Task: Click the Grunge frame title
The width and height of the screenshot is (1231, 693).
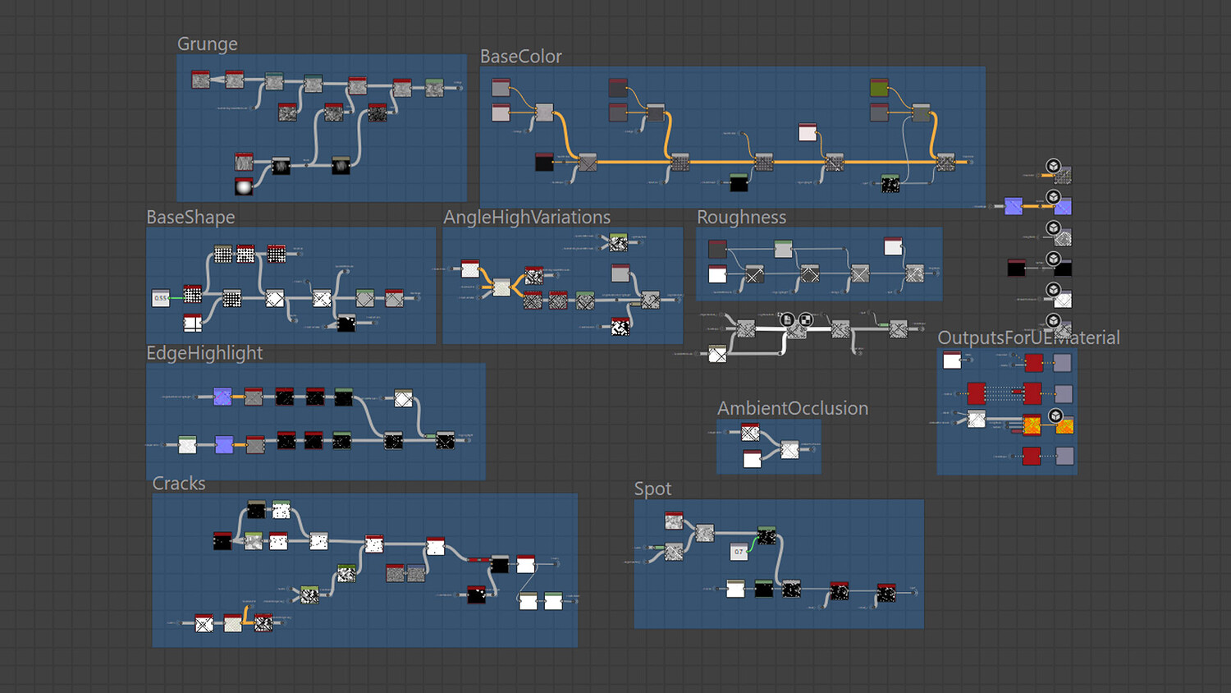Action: point(208,44)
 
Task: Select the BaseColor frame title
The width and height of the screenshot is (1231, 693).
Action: point(520,57)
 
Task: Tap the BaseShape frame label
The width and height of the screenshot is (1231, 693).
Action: point(190,217)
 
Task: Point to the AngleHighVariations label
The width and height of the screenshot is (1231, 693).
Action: point(527,217)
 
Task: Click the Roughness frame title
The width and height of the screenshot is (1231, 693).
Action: point(741,217)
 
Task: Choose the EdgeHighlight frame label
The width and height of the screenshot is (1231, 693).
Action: point(204,353)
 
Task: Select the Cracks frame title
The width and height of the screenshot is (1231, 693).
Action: point(179,484)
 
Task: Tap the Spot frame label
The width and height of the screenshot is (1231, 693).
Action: point(652,489)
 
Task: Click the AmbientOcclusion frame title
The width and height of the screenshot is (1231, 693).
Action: point(792,408)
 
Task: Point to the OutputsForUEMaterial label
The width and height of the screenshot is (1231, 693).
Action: point(1028,337)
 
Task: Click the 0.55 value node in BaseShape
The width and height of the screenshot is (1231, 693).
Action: point(161,298)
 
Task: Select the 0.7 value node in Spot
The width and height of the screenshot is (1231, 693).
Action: point(739,552)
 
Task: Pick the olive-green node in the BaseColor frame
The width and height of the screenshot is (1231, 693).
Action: point(879,87)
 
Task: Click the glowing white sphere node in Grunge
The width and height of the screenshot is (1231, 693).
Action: point(244,187)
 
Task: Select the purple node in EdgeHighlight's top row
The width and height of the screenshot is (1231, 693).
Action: point(222,397)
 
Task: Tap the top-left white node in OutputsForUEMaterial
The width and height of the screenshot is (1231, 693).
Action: point(952,360)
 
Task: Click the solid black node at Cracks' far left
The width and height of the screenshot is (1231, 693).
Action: point(222,541)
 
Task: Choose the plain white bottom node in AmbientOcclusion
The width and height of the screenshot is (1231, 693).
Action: point(752,459)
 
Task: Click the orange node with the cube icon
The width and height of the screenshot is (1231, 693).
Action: point(1064,425)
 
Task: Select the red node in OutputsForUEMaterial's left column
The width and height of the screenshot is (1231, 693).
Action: point(977,393)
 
